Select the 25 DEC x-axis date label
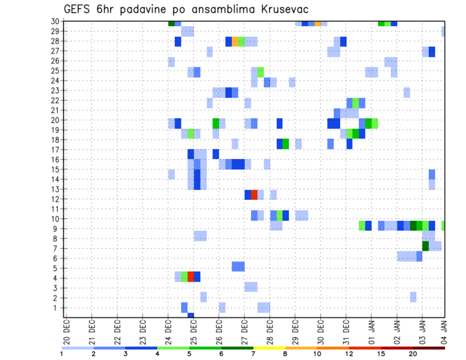[193, 330]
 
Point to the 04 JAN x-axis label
[443, 330]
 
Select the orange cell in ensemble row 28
[235, 42]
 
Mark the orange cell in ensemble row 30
[317, 23]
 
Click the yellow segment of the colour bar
[269, 348]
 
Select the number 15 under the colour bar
[381, 354]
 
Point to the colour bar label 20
[413, 354]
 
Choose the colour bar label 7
[253, 354]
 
